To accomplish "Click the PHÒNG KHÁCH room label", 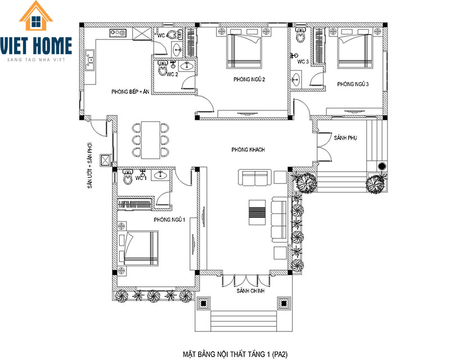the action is click(x=248, y=150).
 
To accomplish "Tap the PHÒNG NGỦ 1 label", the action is click(x=169, y=219).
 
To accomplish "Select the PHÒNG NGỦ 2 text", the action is click(x=249, y=79).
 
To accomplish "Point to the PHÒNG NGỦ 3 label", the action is click(x=353, y=84).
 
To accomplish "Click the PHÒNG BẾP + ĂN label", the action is click(x=130, y=92).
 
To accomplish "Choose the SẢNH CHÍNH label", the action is click(x=250, y=291).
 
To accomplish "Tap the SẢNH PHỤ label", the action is click(x=345, y=138).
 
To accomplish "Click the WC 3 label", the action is click(x=303, y=61).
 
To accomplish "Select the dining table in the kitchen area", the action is click(x=151, y=140).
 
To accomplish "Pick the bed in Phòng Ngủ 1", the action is click(x=138, y=248).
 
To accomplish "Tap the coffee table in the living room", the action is click(x=257, y=213).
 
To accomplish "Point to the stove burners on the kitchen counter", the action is click(x=118, y=33).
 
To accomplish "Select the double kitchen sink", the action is click(x=90, y=60).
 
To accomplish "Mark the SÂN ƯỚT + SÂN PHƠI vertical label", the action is click(x=90, y=165).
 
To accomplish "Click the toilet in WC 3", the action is click(x=300, y=35).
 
